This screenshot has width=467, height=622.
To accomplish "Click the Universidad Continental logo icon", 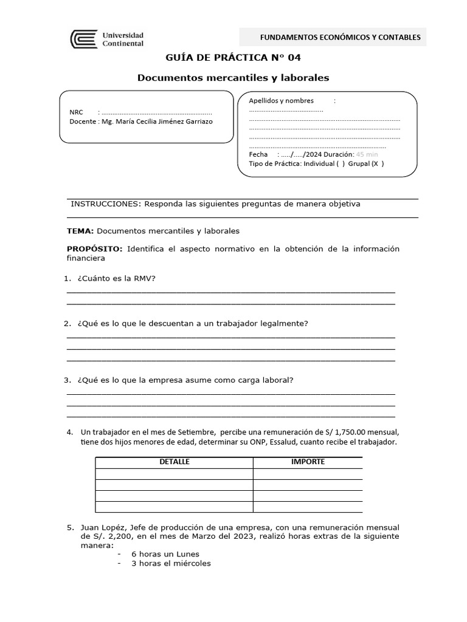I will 84,39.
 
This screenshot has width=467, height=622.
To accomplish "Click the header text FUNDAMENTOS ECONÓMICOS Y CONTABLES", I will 340,37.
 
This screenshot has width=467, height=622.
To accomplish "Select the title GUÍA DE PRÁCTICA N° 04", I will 233,58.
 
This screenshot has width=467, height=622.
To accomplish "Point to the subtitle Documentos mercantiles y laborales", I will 233,78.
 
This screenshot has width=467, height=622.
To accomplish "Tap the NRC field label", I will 76,112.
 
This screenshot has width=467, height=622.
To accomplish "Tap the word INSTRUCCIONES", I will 105,204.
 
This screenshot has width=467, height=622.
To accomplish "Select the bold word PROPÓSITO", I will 94,249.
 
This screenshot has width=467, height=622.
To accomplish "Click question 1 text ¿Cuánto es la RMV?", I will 116,278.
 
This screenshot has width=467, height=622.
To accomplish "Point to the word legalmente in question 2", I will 283,323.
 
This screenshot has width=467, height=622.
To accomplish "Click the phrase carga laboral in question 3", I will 265,380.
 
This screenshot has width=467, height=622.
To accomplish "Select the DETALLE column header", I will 174,462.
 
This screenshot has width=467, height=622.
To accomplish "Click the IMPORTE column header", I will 308,462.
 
